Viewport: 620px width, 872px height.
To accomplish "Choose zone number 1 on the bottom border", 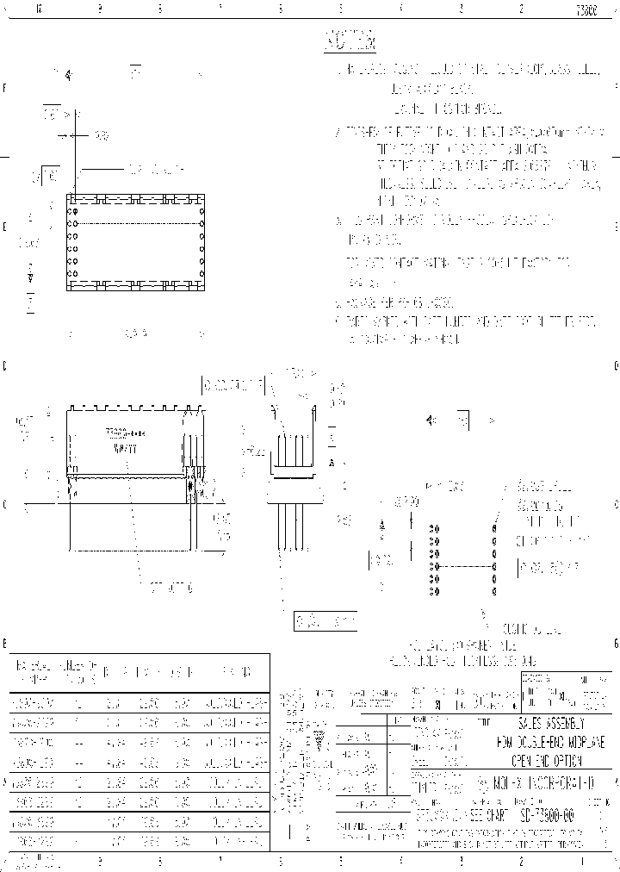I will [582, 861].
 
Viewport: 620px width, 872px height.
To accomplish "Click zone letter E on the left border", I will [5, 227].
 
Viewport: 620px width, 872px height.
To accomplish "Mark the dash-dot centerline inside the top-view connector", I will [138, 224].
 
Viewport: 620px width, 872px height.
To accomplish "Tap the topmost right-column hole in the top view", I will [201, 210].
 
